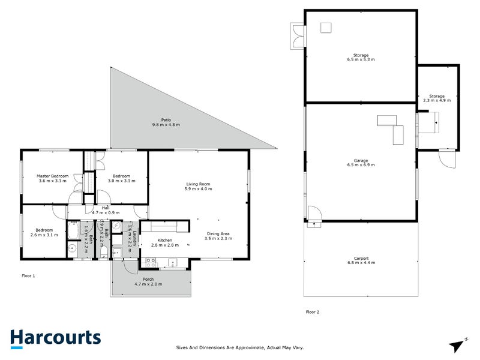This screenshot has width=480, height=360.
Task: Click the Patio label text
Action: (166, 120)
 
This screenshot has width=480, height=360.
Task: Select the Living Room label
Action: (197, 184)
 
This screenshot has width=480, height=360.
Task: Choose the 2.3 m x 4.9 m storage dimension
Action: (436, 100)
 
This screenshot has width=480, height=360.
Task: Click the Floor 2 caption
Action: (313, 312)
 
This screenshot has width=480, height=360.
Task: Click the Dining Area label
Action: (219, 233)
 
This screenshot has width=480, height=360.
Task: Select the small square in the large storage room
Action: (326, 27)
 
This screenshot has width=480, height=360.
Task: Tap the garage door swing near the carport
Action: (314, 212)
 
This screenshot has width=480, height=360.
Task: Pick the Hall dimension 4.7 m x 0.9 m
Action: (106, 212)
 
